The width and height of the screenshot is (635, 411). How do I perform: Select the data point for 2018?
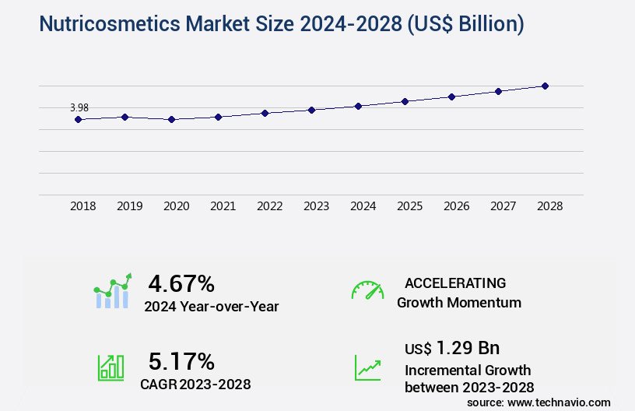point(78,119)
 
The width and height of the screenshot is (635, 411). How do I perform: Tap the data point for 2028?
point(545,86)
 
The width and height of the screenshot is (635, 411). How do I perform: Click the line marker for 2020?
point(171,119)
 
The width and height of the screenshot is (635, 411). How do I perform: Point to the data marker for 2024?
point(358,106)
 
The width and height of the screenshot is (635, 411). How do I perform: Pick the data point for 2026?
point(451,97)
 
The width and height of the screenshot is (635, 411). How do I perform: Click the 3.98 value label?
point(79,107)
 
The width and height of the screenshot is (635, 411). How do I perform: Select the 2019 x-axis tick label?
point(130,206)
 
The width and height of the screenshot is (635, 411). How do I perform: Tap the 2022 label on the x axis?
point(270,206)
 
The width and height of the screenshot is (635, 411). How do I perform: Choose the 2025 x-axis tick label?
point(410,206)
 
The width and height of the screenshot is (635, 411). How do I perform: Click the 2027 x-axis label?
point(503,206)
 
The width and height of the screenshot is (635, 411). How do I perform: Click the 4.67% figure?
point(181,283)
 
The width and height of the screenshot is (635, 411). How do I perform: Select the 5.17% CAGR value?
point(181,361)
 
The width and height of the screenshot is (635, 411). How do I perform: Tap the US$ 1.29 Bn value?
point(452,347)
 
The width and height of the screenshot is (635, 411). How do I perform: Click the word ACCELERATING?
point(455,283)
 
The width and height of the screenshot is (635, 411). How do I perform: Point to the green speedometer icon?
point(367,290)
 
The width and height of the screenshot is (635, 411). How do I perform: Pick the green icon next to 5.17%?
point(111,367)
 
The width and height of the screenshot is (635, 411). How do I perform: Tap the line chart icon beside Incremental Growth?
point(367,367)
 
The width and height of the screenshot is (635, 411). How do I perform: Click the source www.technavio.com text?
point(539,402)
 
